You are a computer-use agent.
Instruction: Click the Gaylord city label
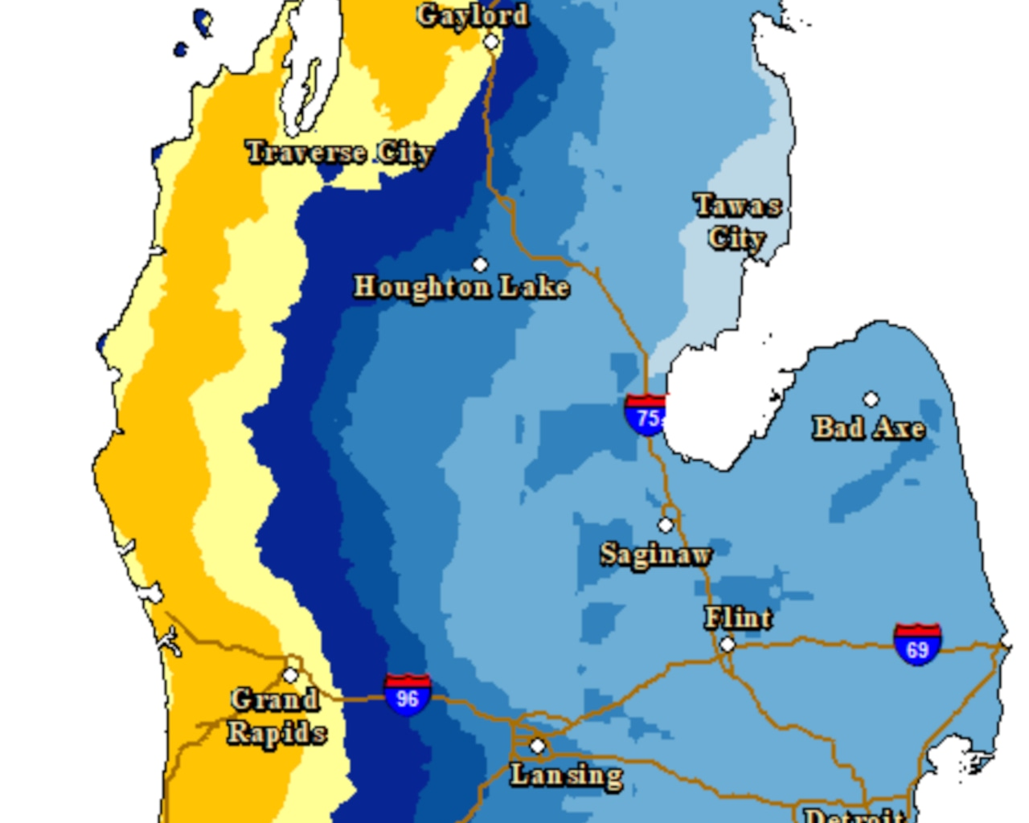(x=473, y=15)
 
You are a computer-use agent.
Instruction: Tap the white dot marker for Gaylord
(x=491, y=42)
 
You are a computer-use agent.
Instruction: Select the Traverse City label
(x=340, y=152)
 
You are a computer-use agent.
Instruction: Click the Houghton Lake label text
(x=461, y=287)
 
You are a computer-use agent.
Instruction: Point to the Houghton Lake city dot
(x=480, y=264)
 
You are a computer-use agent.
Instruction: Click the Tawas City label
(x=737, y=222)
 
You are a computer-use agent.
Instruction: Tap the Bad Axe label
(x=868, y=428)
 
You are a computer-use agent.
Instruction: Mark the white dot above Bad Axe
(x=871, y=399)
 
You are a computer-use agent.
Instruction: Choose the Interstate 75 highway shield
(x=646, y=414)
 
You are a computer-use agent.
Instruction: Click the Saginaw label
(x=655, y=555)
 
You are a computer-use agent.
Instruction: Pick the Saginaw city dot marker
(x=666, y=525)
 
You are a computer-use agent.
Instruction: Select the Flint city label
(x=738, y=618)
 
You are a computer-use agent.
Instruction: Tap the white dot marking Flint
(x=728, y=644)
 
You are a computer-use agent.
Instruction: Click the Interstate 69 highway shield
(x=917, y=645)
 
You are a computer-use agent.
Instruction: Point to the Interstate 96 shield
(x=408, y=694)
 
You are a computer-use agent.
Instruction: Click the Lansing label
(x=567, y=776)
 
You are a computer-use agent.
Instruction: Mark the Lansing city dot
(x=537, y=746)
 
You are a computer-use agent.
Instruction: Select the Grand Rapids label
(x=277, y=716)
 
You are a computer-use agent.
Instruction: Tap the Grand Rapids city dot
(x=291, y=675)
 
